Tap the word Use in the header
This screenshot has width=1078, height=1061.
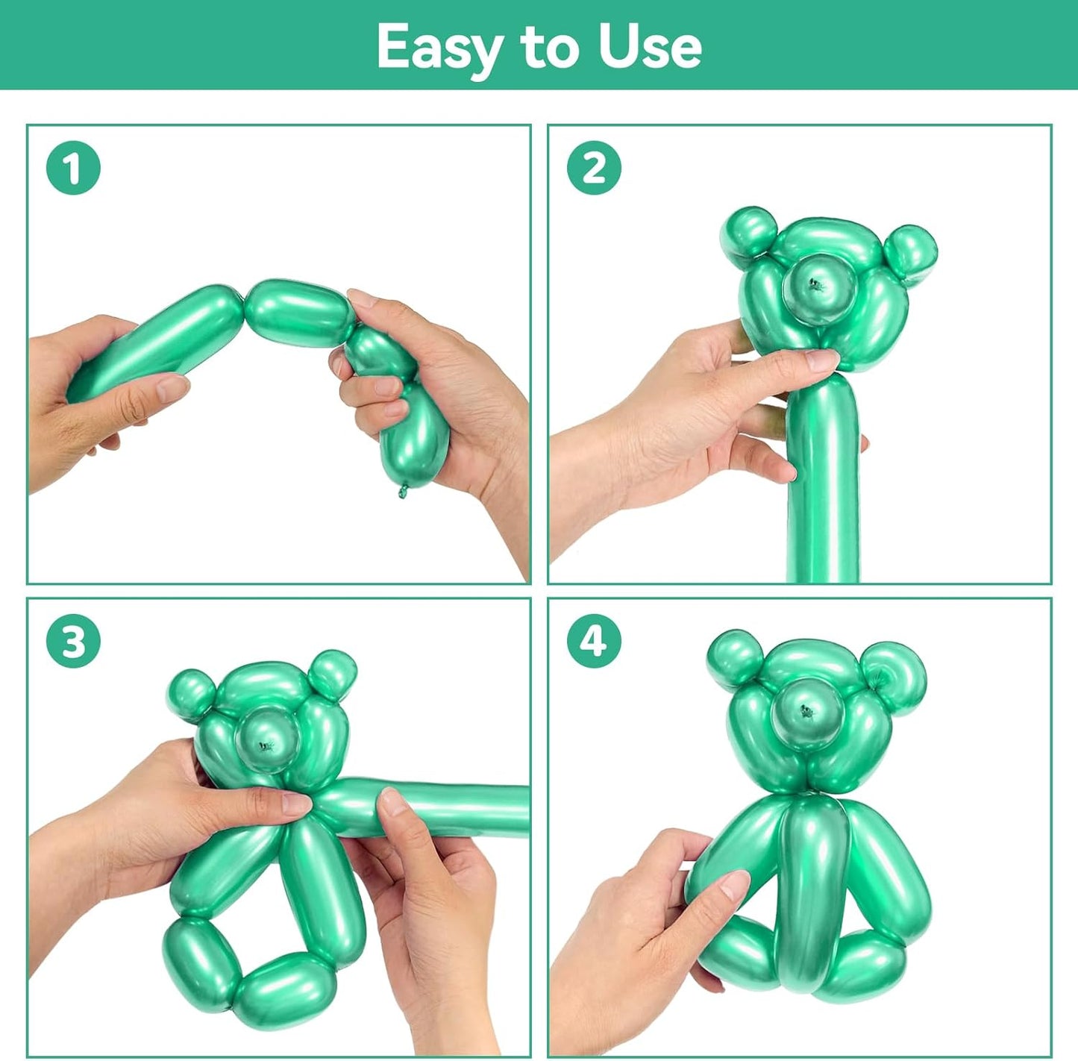[x=650, y=47]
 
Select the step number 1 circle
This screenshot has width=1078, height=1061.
[x=73, y=169]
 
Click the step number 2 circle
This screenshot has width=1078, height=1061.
[x=594, y=169]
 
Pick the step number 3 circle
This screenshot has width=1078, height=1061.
[x=73, y=641]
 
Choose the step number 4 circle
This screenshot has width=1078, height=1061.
[x=594, y=641]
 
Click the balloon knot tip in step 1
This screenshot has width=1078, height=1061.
[x=404, y=491]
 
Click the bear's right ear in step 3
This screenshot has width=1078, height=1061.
[x=333, y=674]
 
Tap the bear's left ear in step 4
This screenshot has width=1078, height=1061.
[x=735, y=657]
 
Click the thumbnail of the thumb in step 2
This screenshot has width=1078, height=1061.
[x=822, y=362]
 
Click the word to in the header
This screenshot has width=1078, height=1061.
[x=551, y=47]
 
